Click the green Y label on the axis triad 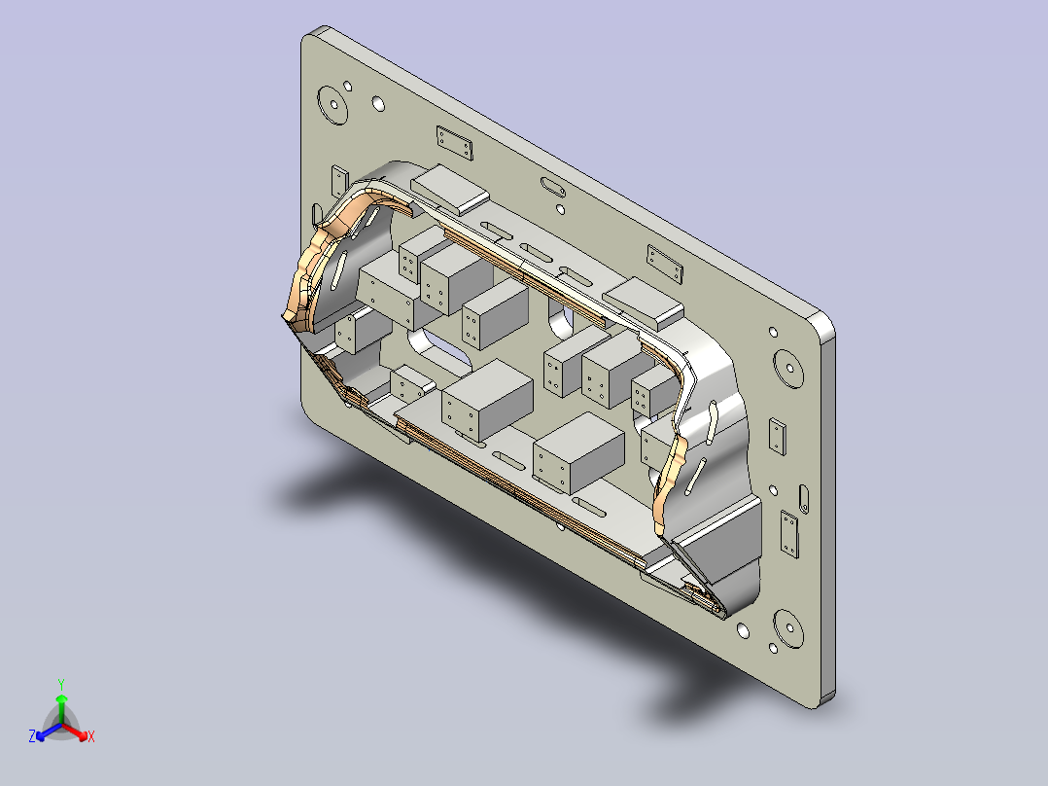(61, 684)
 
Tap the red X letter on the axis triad (91, 736)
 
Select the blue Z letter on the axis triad (32, 735)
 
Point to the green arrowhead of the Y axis (61, 698)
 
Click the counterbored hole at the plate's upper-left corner (332, 105)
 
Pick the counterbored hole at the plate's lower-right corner (789, 628)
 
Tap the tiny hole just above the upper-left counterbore (348, 86)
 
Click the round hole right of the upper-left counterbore (378, 104)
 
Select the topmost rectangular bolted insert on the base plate (455, 143)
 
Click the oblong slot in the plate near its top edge (553, 186)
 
